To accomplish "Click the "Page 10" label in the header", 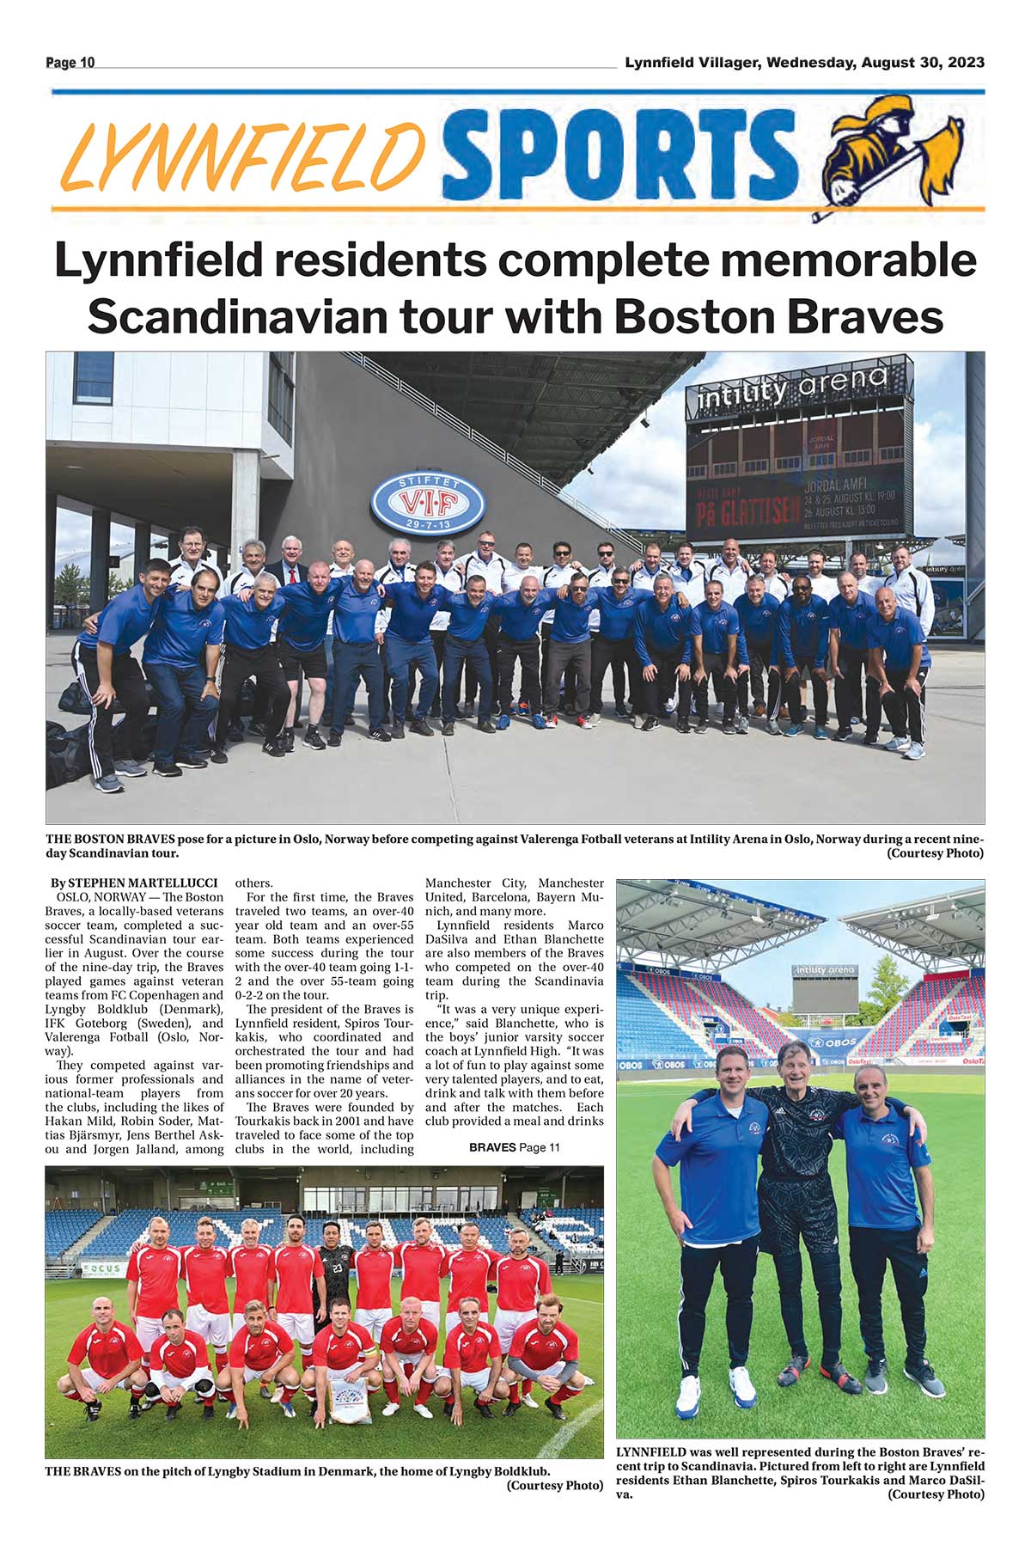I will (70, 63).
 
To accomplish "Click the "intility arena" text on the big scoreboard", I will (792, 388).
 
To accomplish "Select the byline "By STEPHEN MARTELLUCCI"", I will (134, 883).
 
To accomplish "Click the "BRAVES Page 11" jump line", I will (514, 1147).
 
